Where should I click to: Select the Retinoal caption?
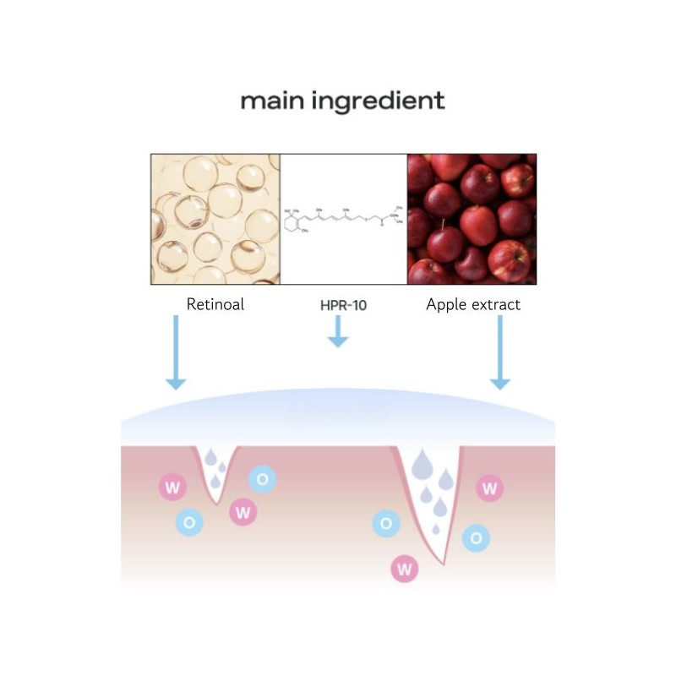click(x=215, y=304)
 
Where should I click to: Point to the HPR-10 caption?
click(x=338, y=304)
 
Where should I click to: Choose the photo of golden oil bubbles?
click(x=215, y=219)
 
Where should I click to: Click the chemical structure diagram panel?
click(x=343, y=219)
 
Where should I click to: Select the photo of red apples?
click(x=472, y=219)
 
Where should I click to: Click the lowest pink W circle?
click(x=404, y=569)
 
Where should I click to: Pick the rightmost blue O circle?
click(x=476, y=537)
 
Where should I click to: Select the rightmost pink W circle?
click(x=490, y=488)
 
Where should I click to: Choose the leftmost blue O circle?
click(x=189, y=522)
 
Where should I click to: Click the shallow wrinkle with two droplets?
click(x=217, y=473)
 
